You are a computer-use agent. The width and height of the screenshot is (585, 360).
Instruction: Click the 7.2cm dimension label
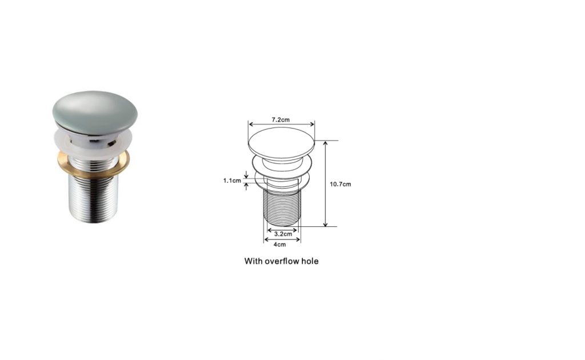click(x=281, y=120)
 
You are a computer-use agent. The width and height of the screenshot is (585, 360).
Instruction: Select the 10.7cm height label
click(x=340, y=184)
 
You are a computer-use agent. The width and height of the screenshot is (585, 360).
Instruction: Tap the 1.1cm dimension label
click(x=232, y=181)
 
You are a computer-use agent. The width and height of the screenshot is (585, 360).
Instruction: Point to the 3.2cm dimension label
click(x=283, y=234)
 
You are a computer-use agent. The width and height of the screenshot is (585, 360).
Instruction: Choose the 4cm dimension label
click(x=280, y=245)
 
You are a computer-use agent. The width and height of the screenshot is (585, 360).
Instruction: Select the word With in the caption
click(x=253, y=261)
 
